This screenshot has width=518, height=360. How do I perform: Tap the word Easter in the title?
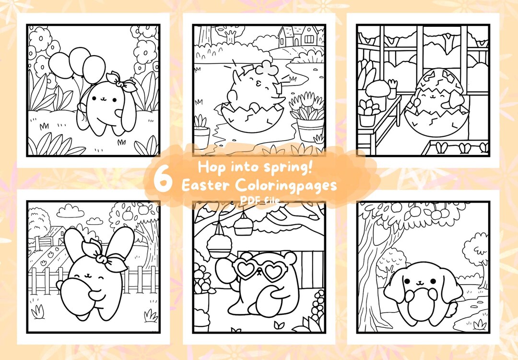[x=206, y=185]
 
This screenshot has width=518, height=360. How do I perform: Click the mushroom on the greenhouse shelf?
[x=377, y=89]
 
